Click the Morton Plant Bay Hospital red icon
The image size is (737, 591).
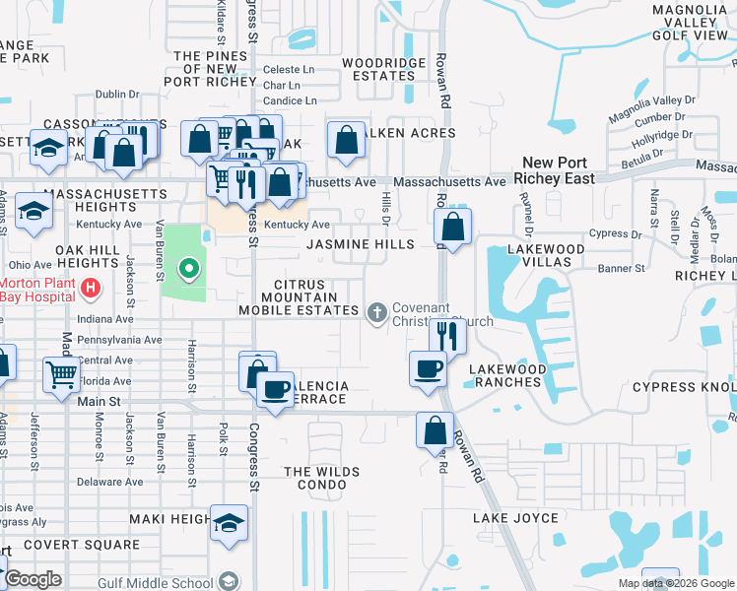(x=91, y=289)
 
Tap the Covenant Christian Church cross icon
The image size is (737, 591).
(x=375, y=312)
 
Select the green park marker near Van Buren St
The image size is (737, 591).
(x=186, y=267)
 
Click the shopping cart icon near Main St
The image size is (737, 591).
(x=61, y=373)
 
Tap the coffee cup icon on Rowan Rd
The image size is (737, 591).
(x=428, y=368)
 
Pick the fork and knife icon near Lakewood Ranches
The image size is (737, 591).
(x=447, y=335)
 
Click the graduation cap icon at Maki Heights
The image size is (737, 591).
(x=229, y=522)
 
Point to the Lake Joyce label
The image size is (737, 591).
(x=514, y=518)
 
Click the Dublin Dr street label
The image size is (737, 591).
(x=118, y=95)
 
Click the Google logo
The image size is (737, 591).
(x=33, y=579)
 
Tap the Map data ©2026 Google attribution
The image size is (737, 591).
(x=677, y=583)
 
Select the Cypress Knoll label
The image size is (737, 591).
(x=684, y=387)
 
